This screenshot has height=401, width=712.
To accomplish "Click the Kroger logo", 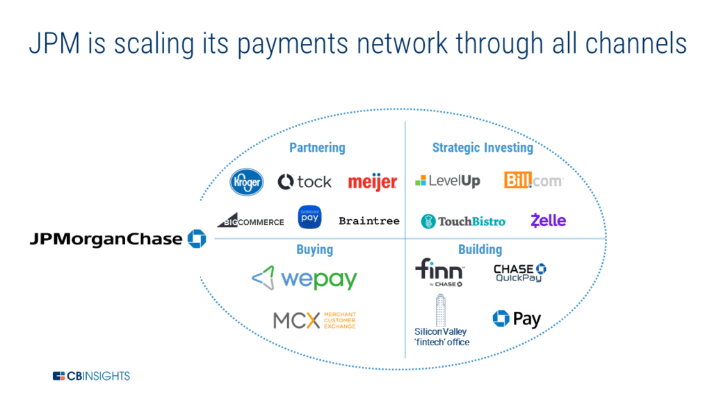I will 246,182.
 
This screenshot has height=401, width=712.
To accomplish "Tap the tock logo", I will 305,182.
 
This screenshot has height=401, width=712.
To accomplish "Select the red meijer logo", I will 373,182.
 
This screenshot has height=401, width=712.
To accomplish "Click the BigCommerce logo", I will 250,220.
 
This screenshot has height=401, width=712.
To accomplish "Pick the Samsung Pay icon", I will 309,217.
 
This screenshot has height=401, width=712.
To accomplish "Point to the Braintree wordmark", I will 369,221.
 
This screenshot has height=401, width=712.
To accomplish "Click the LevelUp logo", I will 448,181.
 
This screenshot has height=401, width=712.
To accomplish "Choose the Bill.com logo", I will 533,180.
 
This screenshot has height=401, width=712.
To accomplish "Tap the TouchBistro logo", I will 463,221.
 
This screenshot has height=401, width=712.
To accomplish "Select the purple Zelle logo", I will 548,221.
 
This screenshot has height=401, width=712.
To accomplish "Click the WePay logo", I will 305,278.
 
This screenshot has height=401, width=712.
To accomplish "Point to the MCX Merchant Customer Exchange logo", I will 314,320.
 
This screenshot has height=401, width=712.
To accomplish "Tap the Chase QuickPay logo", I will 519,273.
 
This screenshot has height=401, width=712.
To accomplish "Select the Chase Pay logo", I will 517,319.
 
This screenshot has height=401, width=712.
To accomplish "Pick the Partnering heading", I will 317,148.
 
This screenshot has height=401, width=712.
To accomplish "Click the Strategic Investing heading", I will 483,148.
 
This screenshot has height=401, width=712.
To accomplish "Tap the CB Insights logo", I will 91,377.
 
